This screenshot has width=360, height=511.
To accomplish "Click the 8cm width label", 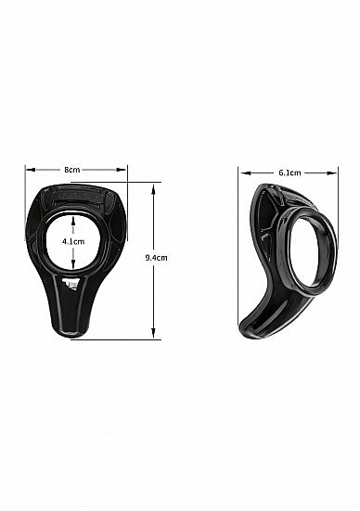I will pyautogui.click(x=71, y=170).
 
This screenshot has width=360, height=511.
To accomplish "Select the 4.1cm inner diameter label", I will pyautogui.click(x=73, y=241).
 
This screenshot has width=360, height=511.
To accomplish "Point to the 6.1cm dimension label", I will pyautogui.click(x=288, y=172).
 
